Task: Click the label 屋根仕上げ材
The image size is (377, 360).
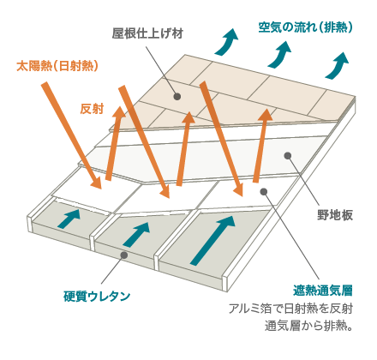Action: point(147,33)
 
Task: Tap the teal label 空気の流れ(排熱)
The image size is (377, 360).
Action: point(305,27)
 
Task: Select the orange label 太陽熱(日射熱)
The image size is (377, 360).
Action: point(57,66)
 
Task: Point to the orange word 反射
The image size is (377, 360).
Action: point(92,109)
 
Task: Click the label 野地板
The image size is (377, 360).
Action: point(335,215)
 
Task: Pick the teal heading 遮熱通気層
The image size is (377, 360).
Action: point(323,291)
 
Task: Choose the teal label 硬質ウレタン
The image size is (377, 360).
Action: point(97,297)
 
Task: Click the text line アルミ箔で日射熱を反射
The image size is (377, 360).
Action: point(290,309)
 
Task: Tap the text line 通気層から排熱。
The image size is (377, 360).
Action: point(308,326)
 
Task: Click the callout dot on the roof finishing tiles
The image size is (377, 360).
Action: point(177,96)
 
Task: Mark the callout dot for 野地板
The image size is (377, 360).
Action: point(288,156)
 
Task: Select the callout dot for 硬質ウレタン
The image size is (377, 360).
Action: point(124,255)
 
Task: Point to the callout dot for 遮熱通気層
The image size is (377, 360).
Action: point(264,191)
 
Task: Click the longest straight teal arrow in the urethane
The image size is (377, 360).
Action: point(212,240)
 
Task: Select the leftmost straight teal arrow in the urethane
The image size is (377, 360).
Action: point(69,219)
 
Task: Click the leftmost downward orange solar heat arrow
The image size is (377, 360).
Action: point(71,135)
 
